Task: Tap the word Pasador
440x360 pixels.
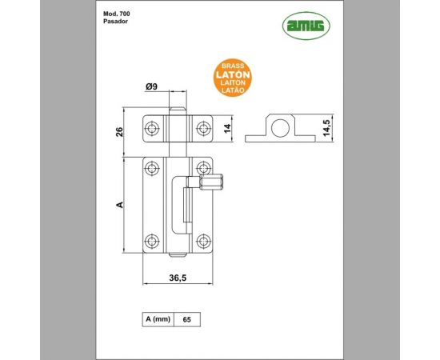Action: [x=117, y=24]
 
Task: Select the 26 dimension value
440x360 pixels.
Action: [x=119, y=131]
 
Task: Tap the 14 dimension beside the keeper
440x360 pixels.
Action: [x=226, y=128]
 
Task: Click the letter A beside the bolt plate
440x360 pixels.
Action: [x=119, y=205]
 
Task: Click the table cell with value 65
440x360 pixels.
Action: [x=186, y=319]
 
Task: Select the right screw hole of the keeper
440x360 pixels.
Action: [x=203, y=127]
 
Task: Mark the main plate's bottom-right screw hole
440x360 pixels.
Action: [x=203, y=240]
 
